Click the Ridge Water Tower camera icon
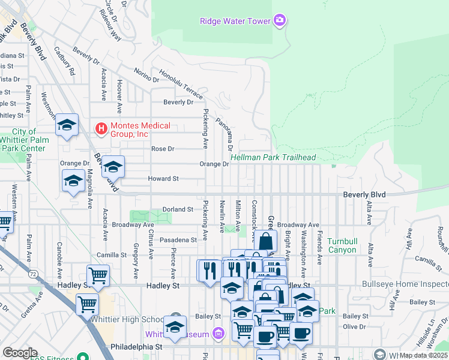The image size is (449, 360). coord(279,22)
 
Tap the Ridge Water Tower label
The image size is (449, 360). coord(235,22)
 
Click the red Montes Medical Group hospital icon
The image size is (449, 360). coord(101,128)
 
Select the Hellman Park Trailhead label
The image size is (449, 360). coord(273,157)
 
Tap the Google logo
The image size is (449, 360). coord(20,352)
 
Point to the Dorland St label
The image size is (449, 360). coord(177,209)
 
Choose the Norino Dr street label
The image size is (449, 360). coord(145,76)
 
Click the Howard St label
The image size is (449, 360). coord(164,179)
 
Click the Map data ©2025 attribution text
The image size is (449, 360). coord(424,355)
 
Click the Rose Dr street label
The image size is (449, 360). coord(162,149)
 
